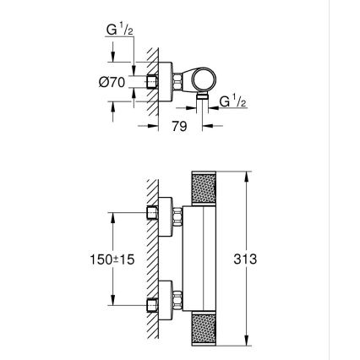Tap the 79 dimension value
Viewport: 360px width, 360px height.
click(x=178, y=129)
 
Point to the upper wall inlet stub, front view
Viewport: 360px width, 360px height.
click(x=151, y=211)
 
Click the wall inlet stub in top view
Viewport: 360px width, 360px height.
click(x=151, y=82)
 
